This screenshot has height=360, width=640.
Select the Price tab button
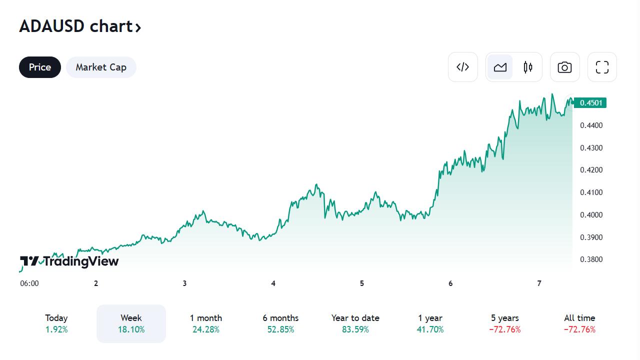coord(40,67)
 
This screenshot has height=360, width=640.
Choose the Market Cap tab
coord(101,67)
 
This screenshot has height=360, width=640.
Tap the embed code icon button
coord(463,67)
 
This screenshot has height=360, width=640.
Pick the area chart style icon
coord(500,67)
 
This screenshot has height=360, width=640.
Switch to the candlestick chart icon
coord(528,67)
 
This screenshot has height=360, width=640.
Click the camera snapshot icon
coord(564,67)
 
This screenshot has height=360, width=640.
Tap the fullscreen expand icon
coord(602,67)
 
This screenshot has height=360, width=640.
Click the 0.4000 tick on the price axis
coord(591,215)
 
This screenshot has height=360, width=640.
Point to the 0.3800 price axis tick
coord(591,259)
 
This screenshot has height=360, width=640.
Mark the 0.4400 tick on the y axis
coord(591,125)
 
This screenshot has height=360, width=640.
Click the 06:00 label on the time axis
coord(29,283)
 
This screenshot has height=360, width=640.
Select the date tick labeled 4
coord(273,283)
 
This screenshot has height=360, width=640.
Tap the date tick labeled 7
coord(539,283)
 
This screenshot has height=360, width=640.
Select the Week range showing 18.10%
coord(131,323)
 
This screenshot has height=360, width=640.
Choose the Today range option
coord(56,323)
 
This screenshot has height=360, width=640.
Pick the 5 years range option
coord(505,323)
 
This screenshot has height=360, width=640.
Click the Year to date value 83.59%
coord(355,329)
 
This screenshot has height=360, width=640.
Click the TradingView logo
coord(69,261)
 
